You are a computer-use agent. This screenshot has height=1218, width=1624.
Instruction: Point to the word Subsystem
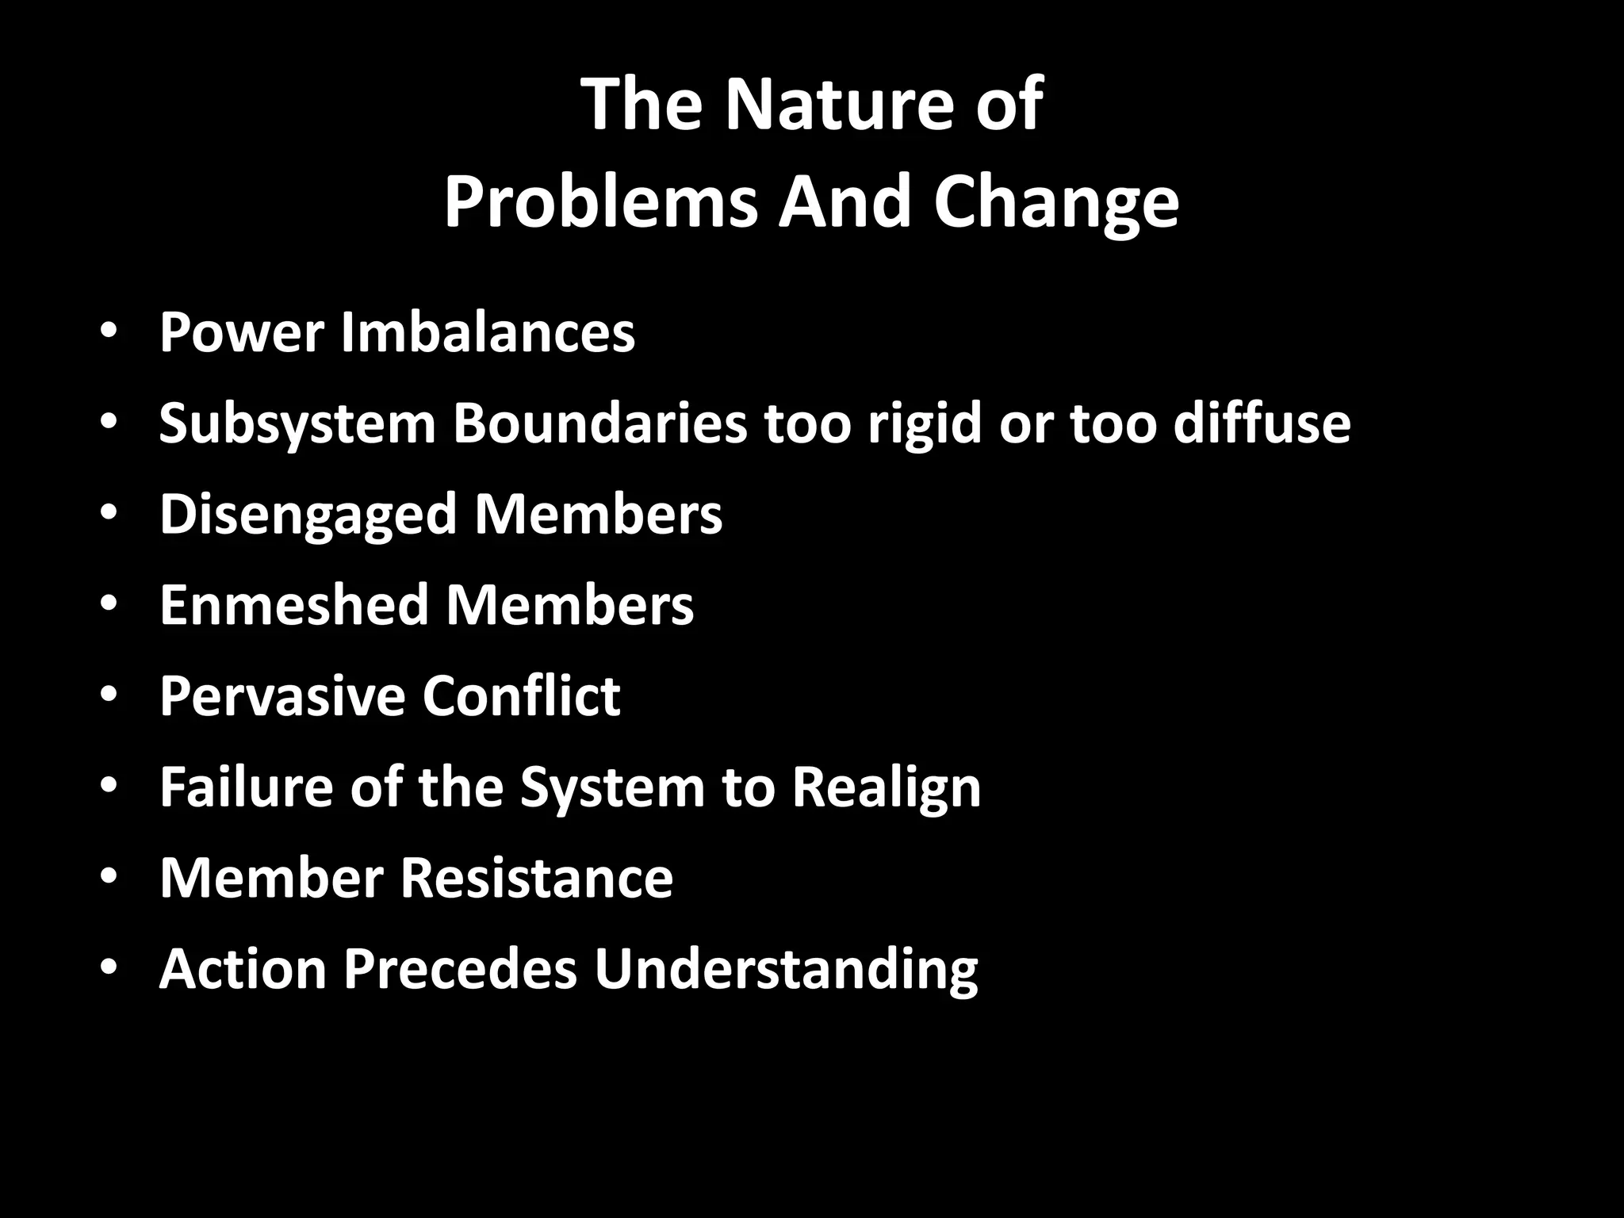[297, 423]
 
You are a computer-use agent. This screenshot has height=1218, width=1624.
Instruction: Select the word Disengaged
[307, 515]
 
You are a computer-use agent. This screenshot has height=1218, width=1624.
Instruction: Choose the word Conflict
[521, 696]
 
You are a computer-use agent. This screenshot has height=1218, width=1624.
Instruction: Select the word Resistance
[536, 878]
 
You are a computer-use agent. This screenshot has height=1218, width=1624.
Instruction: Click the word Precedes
[460, 968]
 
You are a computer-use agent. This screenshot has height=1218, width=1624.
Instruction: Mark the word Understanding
[786, 970]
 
